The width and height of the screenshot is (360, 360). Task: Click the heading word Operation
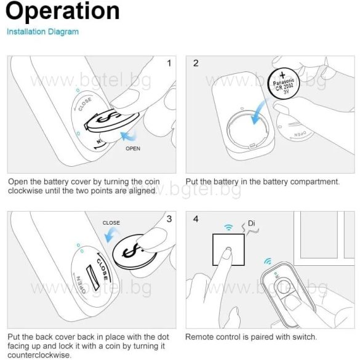[62, 11]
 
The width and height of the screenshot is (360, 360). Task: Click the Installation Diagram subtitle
[42, 31]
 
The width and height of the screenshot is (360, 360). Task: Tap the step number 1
[169, 63]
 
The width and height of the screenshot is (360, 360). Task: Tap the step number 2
[196, 63]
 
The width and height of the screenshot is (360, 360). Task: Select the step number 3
[169, 219]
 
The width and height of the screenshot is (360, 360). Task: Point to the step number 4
[196, 219]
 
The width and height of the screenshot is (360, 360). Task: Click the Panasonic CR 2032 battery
[284, 84]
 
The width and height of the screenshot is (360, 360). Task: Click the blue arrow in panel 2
[259, 113]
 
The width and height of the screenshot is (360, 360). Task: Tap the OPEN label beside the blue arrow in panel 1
[133, 148]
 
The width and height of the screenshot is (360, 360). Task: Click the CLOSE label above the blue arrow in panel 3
[111, 223]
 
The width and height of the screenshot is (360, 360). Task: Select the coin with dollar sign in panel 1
[111, 121]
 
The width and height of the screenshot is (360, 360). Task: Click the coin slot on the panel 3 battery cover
[93, 277]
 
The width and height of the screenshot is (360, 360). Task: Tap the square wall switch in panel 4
[228, 250]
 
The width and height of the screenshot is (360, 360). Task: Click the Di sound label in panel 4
[252, 223]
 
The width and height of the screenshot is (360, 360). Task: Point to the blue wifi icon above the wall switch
[228, 227]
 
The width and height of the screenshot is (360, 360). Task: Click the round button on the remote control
[284, 286]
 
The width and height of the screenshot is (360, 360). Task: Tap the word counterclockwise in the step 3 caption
[39, 355]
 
